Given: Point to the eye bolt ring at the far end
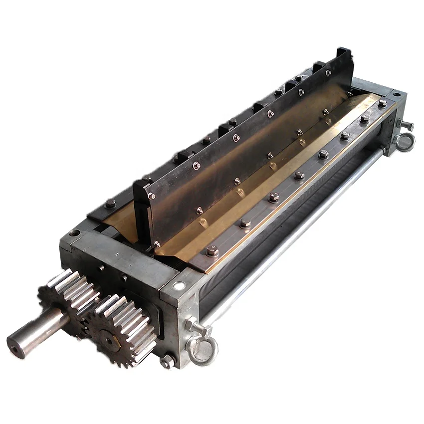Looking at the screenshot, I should (404, 142).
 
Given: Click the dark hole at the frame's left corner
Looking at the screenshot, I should (74, 232).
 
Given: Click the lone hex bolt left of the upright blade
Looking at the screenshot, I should (110, 203).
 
